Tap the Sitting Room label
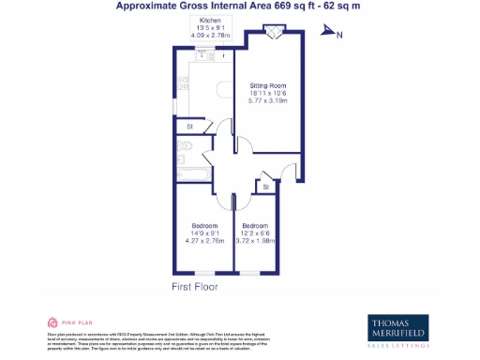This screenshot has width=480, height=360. coord(267,85)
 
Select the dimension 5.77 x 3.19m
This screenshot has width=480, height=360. coord(267,100)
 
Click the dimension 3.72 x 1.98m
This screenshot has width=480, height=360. coord(256,241)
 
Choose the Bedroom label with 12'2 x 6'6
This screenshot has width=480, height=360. coord(256,226)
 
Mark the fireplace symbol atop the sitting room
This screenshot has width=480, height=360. coord(274,34)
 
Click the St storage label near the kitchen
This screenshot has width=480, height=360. coord(188,126)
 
